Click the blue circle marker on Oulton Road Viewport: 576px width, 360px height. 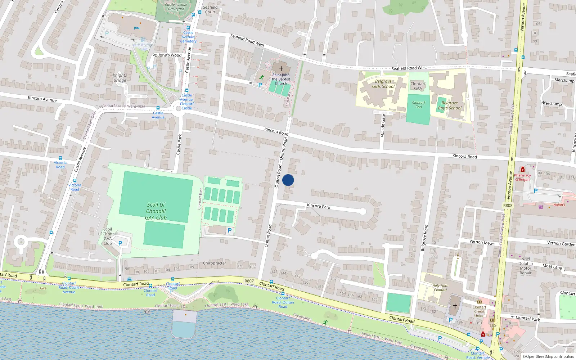point(288,180)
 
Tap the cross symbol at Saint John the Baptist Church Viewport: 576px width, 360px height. point(281,68)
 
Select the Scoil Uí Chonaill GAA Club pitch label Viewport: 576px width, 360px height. point(156,211)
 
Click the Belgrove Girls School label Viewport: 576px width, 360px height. point(383,84)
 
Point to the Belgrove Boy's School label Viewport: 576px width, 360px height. point(450,105)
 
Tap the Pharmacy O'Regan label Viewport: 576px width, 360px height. point(522,177)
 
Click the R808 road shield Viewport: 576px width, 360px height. point(508,206)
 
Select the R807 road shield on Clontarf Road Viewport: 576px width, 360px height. point(249,281)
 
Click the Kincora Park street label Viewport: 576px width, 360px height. point(319,206)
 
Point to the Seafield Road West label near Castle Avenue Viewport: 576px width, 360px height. point(247,40)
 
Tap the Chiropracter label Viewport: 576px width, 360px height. point(215,263)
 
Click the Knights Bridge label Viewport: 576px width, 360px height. point(120,78)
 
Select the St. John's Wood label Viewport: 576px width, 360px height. point(168,55)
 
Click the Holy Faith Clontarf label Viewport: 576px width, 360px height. point(440,288)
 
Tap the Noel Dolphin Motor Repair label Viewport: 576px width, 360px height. point(526,266)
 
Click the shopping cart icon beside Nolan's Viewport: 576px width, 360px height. point(541,207)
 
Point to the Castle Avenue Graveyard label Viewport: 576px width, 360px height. point(176,7)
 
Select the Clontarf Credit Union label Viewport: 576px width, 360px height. point(479,311)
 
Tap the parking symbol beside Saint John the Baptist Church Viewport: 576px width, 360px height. point(260,85)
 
